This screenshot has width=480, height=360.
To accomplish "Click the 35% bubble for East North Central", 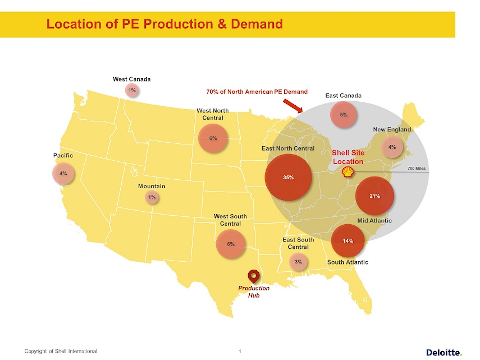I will point(288,177).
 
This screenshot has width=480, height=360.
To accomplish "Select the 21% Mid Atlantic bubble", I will point(375,196).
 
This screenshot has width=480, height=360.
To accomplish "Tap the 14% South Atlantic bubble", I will point(348,241).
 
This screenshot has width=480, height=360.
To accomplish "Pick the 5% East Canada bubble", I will point(343,115).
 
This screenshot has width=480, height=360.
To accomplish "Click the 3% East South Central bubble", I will point(298,262).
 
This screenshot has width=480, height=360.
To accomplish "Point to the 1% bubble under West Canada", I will point(132,90).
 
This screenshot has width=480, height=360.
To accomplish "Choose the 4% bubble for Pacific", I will point(63,173).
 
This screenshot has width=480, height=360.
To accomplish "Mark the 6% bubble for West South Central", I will point(231,244).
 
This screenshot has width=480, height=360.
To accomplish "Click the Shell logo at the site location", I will point(348,172).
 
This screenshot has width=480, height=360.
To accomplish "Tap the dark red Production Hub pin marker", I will point(254,276).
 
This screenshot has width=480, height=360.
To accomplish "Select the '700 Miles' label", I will point(416,168).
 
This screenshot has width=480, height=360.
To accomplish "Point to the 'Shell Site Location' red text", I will point(348,157).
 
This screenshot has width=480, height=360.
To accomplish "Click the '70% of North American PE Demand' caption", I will point(257,92).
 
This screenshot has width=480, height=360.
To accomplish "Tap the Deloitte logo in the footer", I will point(444,352).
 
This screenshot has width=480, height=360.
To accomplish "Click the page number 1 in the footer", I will point(240,351).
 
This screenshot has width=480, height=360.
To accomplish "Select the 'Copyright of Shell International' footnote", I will point(61,351).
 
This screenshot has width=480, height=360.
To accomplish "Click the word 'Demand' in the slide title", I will point(257,24).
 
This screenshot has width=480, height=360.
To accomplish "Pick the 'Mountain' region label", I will point(152,186).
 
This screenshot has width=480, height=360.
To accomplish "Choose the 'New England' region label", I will point(392,129).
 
